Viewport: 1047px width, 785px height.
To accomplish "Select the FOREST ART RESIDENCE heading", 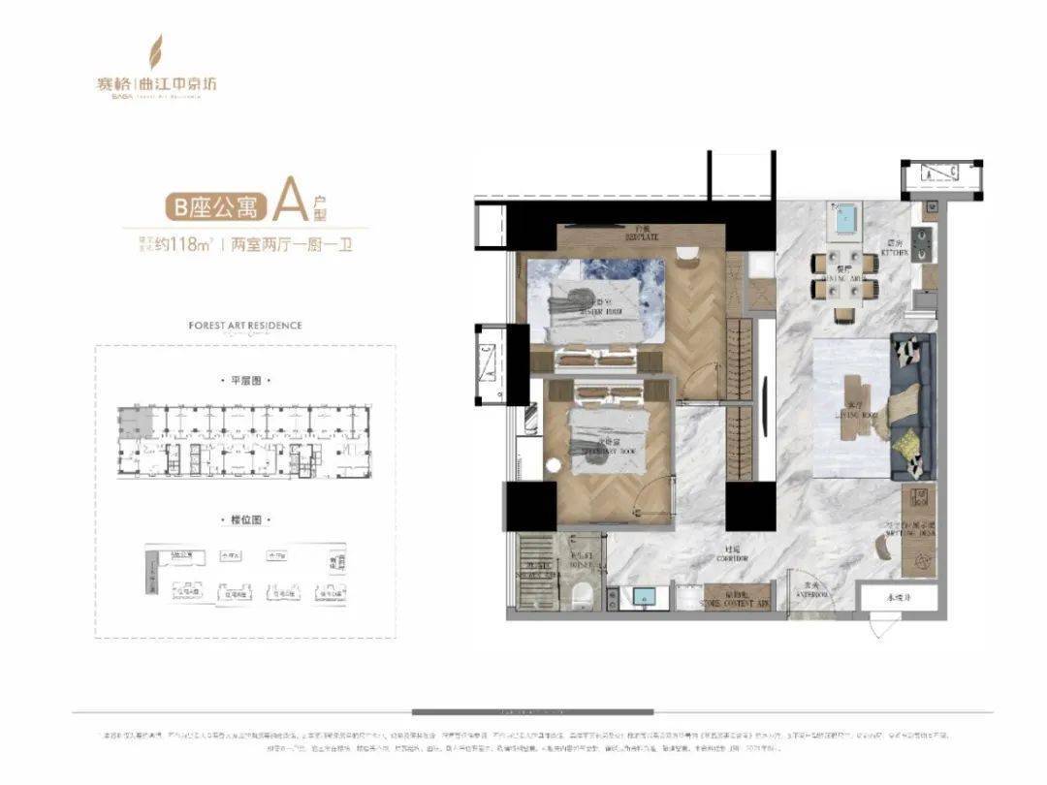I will (x=244, y=326).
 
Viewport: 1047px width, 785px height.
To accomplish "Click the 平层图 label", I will (x=244, y=381).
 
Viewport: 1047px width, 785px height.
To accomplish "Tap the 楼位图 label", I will (x=244, y=521).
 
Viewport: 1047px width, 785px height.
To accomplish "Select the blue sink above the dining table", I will (x=843, y=218).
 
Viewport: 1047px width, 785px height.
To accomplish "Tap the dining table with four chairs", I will (x=843, y=275).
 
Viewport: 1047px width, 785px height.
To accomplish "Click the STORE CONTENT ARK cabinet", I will (x=734, y=598).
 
